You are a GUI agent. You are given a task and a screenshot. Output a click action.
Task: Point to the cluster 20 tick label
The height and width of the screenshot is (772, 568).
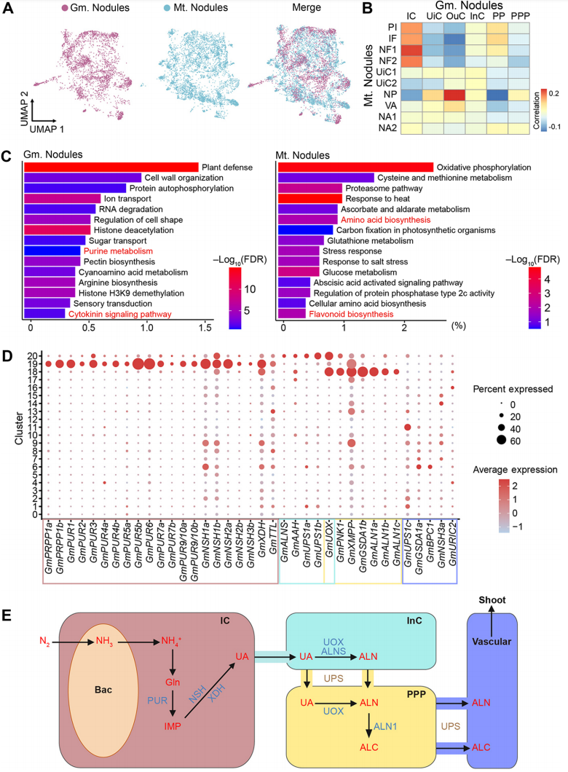point(33,355)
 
